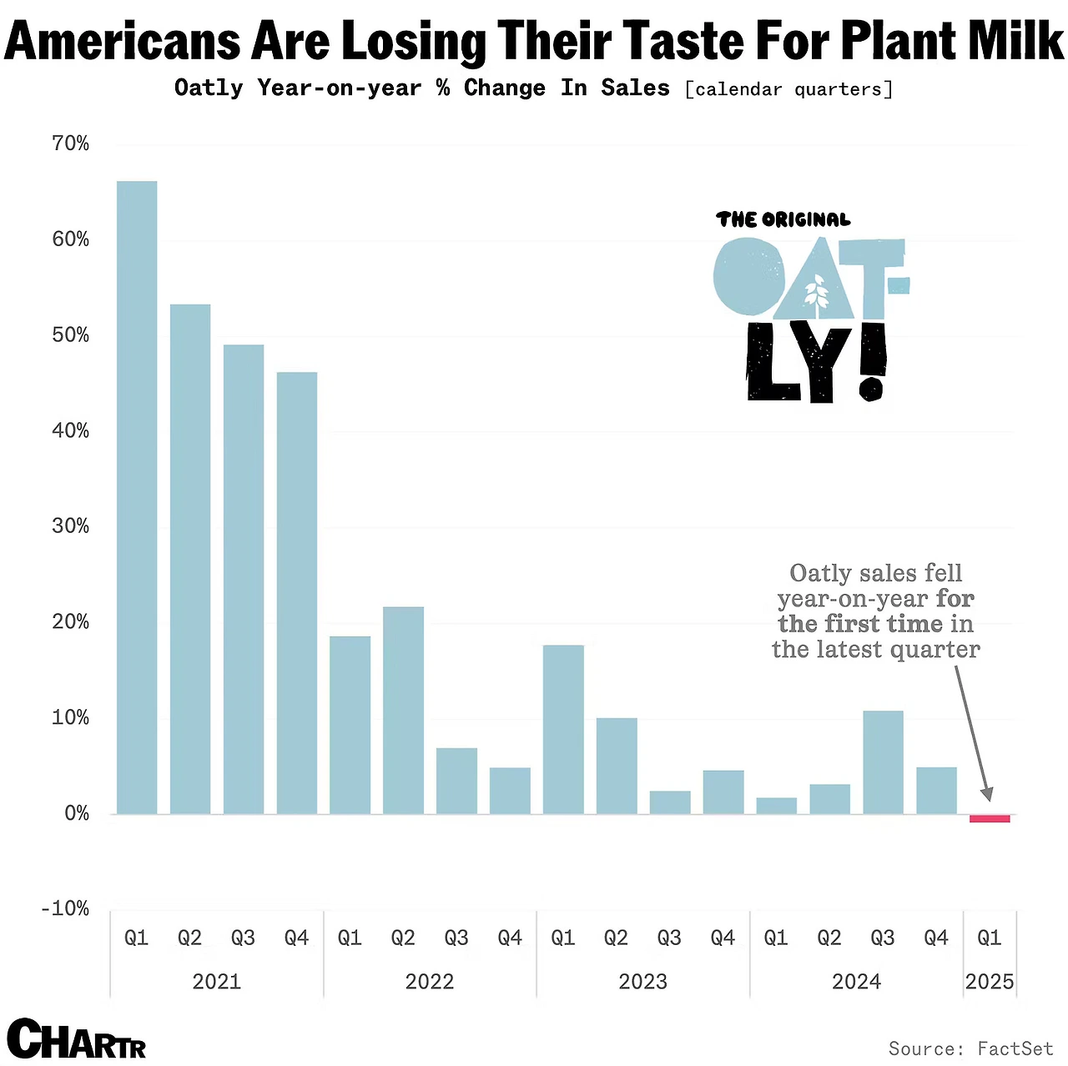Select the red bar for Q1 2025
click(990, 818)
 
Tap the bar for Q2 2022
click(403, 710)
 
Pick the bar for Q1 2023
click(563, 729)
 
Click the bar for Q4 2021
click(297, 592)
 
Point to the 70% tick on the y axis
click(70, 143)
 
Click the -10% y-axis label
click(65, 908)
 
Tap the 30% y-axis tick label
click(70, 526)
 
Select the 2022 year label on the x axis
click(430, 982)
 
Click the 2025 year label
click(990, 982)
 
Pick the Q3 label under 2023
click(669, 938)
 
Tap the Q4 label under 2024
click(936, 938)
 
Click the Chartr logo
click(77, 1038)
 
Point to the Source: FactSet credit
click(970, 1048)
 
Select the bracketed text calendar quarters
click(788, 89)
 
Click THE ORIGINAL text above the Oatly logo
click(783, 220)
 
